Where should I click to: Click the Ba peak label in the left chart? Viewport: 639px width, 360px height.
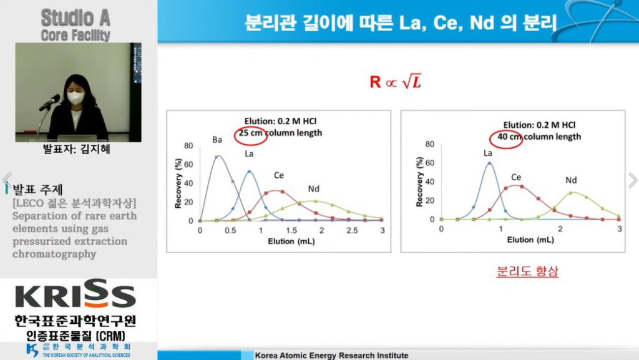217,140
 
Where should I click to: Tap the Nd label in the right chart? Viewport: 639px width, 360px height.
571,180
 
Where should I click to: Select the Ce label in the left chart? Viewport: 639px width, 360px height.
279,175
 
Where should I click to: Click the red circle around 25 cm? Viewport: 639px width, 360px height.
251,135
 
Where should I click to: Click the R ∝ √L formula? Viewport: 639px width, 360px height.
395,82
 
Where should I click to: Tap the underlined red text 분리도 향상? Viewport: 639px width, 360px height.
527,271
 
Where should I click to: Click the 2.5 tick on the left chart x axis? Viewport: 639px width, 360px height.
352,230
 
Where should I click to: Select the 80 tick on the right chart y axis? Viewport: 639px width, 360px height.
429,144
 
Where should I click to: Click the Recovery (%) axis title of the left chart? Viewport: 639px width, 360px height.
178,183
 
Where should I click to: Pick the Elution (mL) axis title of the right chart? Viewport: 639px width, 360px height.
530,240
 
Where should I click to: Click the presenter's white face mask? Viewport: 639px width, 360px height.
75,97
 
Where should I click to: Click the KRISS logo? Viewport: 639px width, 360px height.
76,294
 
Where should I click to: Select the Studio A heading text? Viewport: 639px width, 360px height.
76,18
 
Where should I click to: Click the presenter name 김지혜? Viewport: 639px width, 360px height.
95,149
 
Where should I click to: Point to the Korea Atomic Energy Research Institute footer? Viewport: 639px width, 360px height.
331,356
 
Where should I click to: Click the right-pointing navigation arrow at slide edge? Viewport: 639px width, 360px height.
633,180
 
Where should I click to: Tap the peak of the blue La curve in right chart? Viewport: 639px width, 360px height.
489,163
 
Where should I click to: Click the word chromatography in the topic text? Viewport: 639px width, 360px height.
54,254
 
